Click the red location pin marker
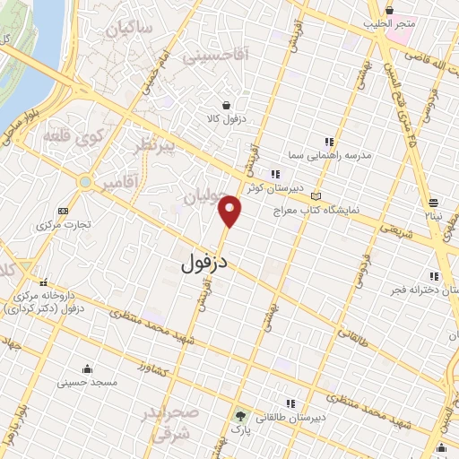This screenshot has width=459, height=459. click(231, 211)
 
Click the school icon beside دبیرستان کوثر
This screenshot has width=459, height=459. click(274, 175)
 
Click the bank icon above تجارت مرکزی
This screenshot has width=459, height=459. click(62, 211)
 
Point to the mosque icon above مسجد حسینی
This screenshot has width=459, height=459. click(87, 368)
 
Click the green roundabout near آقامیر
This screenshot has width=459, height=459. click(84, 182)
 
